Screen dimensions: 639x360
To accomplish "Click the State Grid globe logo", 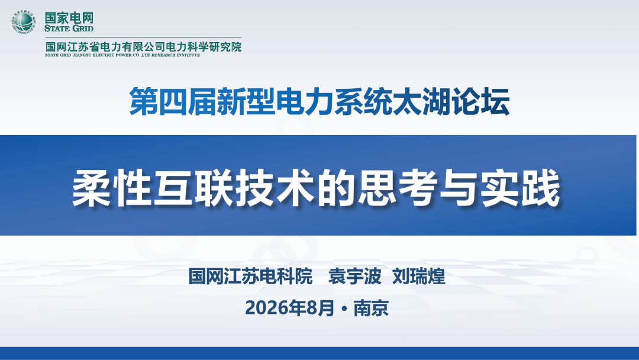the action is [x=23, y=21].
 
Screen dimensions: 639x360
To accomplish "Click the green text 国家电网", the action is [x=69, y=18].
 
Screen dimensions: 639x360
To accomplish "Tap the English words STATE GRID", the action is [x=69, y=28].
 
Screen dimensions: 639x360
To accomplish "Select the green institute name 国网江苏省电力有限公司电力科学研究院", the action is [x=143, y=46].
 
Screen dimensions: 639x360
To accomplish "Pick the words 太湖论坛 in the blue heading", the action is [x=451, y=102].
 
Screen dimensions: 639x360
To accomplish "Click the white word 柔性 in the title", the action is [x=112, y=188].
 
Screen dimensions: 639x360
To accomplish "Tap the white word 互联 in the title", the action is [x=195, y=188].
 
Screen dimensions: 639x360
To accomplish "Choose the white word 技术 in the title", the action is [x=276, y=188].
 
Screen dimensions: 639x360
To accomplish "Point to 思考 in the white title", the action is [x=398, y=188].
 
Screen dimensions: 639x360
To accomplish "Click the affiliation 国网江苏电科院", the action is [x=250, y=277].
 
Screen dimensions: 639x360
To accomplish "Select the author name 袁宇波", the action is [x=354, y=277].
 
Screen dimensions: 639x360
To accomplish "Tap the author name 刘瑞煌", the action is [x=418, y=277].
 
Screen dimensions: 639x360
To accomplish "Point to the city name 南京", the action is [x=371, y=308].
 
